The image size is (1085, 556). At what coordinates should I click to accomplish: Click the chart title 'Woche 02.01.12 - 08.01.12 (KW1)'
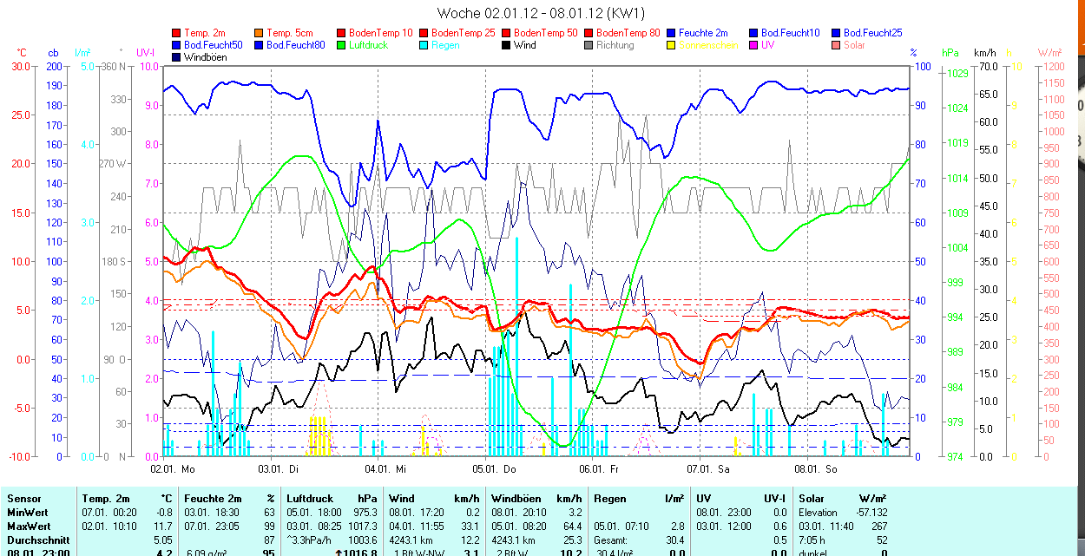point(541,13)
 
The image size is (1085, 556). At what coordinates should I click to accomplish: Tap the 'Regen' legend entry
point(445,45)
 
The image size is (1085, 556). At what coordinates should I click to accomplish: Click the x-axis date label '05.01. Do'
point(494,469)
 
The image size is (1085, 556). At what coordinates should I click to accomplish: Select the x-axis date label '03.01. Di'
point(279,469)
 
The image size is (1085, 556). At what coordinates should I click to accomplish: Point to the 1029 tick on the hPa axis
point(957,74)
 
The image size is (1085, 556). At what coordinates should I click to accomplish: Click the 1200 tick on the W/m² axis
point(1052,67)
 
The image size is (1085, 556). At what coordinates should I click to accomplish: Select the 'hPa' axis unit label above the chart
point(950,53)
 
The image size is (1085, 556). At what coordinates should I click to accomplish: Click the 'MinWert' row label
point(27,513)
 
